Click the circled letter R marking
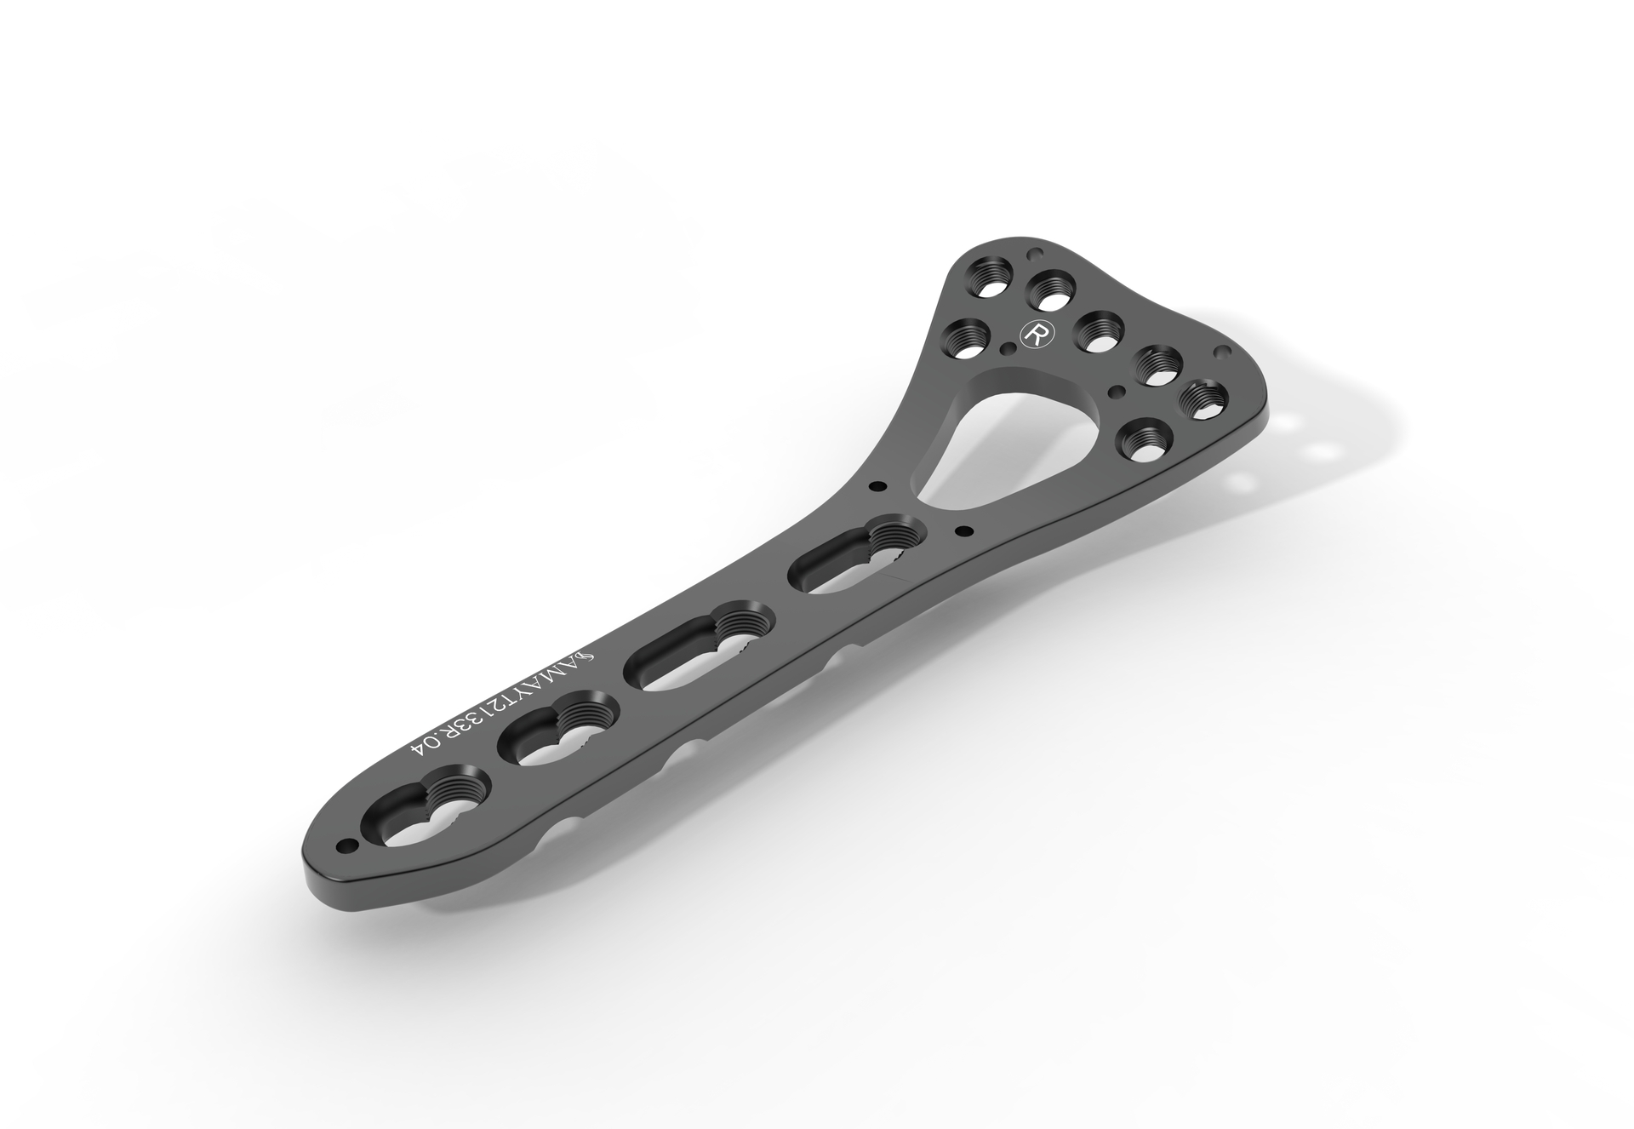1036,333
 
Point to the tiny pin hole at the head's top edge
1035,254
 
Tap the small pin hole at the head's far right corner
1223,351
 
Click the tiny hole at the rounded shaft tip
346,845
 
